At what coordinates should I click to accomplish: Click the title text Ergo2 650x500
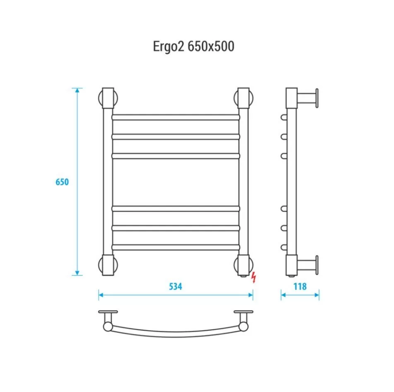pos(193,47)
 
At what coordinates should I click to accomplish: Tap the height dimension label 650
pos(62,182)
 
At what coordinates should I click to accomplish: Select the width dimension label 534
pos(175,286)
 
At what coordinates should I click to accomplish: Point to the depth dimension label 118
pos(300,286)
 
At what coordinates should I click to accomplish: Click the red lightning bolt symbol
pos(254,277)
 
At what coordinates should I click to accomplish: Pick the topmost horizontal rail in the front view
pos(176,117)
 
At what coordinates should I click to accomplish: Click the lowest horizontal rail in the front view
pos(176,247)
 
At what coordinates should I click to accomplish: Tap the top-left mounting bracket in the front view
pos(108,98)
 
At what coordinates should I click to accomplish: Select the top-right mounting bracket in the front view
pos(244,98)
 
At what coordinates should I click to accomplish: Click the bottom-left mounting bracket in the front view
pos(108,265)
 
